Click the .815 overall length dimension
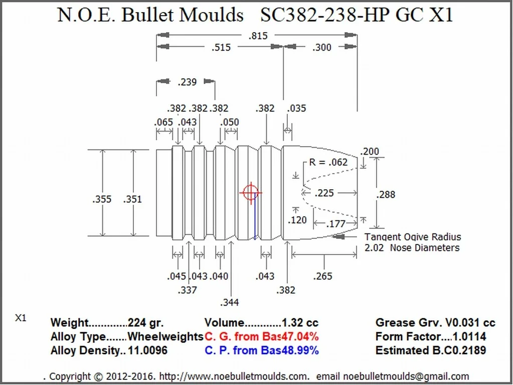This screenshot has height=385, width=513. (258, 36)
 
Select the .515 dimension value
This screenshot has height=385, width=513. (221, 48)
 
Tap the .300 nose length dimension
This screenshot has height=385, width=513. (321, 48)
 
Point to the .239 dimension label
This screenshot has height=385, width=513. (187, 82)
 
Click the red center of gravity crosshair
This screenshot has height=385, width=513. (250, 193)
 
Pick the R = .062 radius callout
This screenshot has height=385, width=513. (328, 162)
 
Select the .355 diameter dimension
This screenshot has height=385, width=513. (102, 199)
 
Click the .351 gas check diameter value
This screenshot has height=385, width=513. (132, 199)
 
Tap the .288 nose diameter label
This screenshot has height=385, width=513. (386, 194)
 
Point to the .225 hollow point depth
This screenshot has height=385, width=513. (324, 193)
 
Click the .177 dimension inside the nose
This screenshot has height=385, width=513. (336, 224)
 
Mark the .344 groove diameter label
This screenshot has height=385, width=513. (230, 302)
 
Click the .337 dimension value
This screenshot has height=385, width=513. (187, 290)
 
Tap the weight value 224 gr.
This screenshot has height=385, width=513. (145, 323)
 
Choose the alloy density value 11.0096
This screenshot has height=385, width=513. (147, 350)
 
